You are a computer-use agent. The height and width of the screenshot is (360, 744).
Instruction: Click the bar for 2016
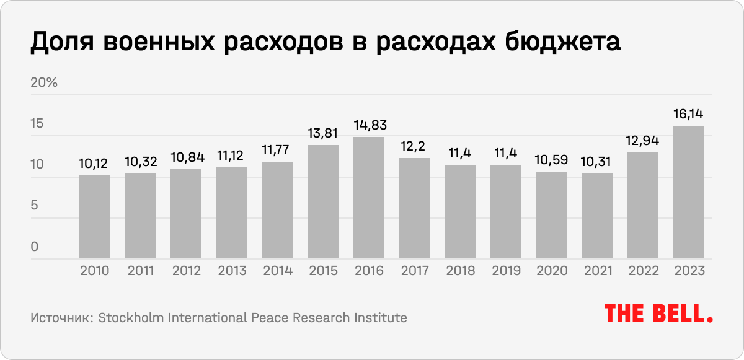tap(369, 198)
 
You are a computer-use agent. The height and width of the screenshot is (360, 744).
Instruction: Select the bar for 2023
tap(689, 192)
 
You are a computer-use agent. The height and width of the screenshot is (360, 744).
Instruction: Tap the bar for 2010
tap(94, 217)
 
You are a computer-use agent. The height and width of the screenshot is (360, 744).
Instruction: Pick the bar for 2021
tap(598, 216)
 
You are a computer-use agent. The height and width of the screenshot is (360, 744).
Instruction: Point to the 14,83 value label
tap(369, 125)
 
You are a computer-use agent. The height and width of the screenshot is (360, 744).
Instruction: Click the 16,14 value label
tap(689, 114)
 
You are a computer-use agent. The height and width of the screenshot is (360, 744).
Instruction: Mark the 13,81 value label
tap(323, 133)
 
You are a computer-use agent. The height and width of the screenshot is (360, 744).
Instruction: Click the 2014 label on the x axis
tap(277, 271)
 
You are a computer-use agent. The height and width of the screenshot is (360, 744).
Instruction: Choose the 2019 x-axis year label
tap(506, 271)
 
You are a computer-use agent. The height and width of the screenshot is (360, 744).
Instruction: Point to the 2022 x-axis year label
tap(643, 271)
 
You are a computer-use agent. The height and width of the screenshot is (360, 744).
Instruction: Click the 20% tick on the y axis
tap(44, 83)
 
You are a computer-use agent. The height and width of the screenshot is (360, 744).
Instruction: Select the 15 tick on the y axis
tap(37, 124)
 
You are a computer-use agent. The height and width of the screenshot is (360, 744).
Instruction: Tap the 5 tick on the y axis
tap(34, 206)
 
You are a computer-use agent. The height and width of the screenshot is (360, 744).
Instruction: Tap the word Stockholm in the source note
tap(128, 318)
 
